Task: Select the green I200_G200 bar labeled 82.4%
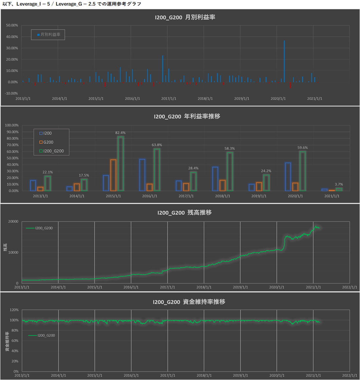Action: point(121,164)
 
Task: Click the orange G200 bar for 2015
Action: point(113,175)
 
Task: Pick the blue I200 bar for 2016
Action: point(142,175)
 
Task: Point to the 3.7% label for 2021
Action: point(339,184)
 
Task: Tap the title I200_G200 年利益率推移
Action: point(187,116)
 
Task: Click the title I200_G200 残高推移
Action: point(184,213)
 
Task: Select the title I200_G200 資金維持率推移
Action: point(189,302)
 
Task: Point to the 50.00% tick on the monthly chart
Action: point(12,25)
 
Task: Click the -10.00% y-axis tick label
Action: point(11,93)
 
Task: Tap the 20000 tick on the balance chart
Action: point(13,222)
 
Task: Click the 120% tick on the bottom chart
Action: point(14,310)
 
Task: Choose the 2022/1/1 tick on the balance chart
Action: point(350,287)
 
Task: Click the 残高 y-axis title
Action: point(5,247)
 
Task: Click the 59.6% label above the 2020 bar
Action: point(302,148)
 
